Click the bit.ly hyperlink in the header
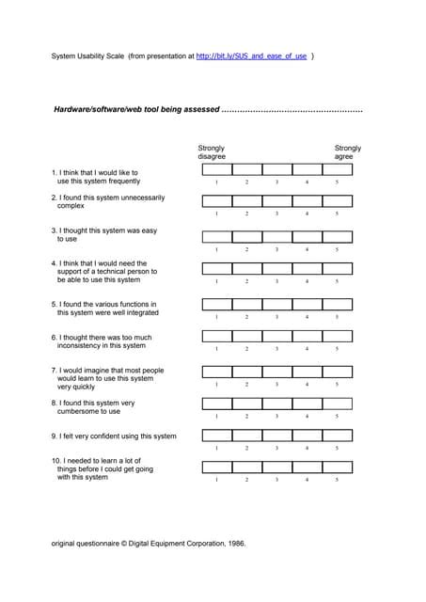click(251, 56)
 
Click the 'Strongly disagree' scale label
click(212, 152)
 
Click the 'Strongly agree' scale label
click(348, 152)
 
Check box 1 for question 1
click(217, 169)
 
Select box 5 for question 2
click(338, 201)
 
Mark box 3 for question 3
click(277, 237)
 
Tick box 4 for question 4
click(308, 268)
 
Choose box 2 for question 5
click(247, 304)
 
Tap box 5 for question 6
click(338, 336)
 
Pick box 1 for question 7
click(217, 372)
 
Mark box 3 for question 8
click(277, 404)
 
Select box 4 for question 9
click(308, 436)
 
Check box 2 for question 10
click(247, 467)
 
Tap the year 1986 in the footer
click(235, 543)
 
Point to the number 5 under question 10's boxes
click(338, 480)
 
